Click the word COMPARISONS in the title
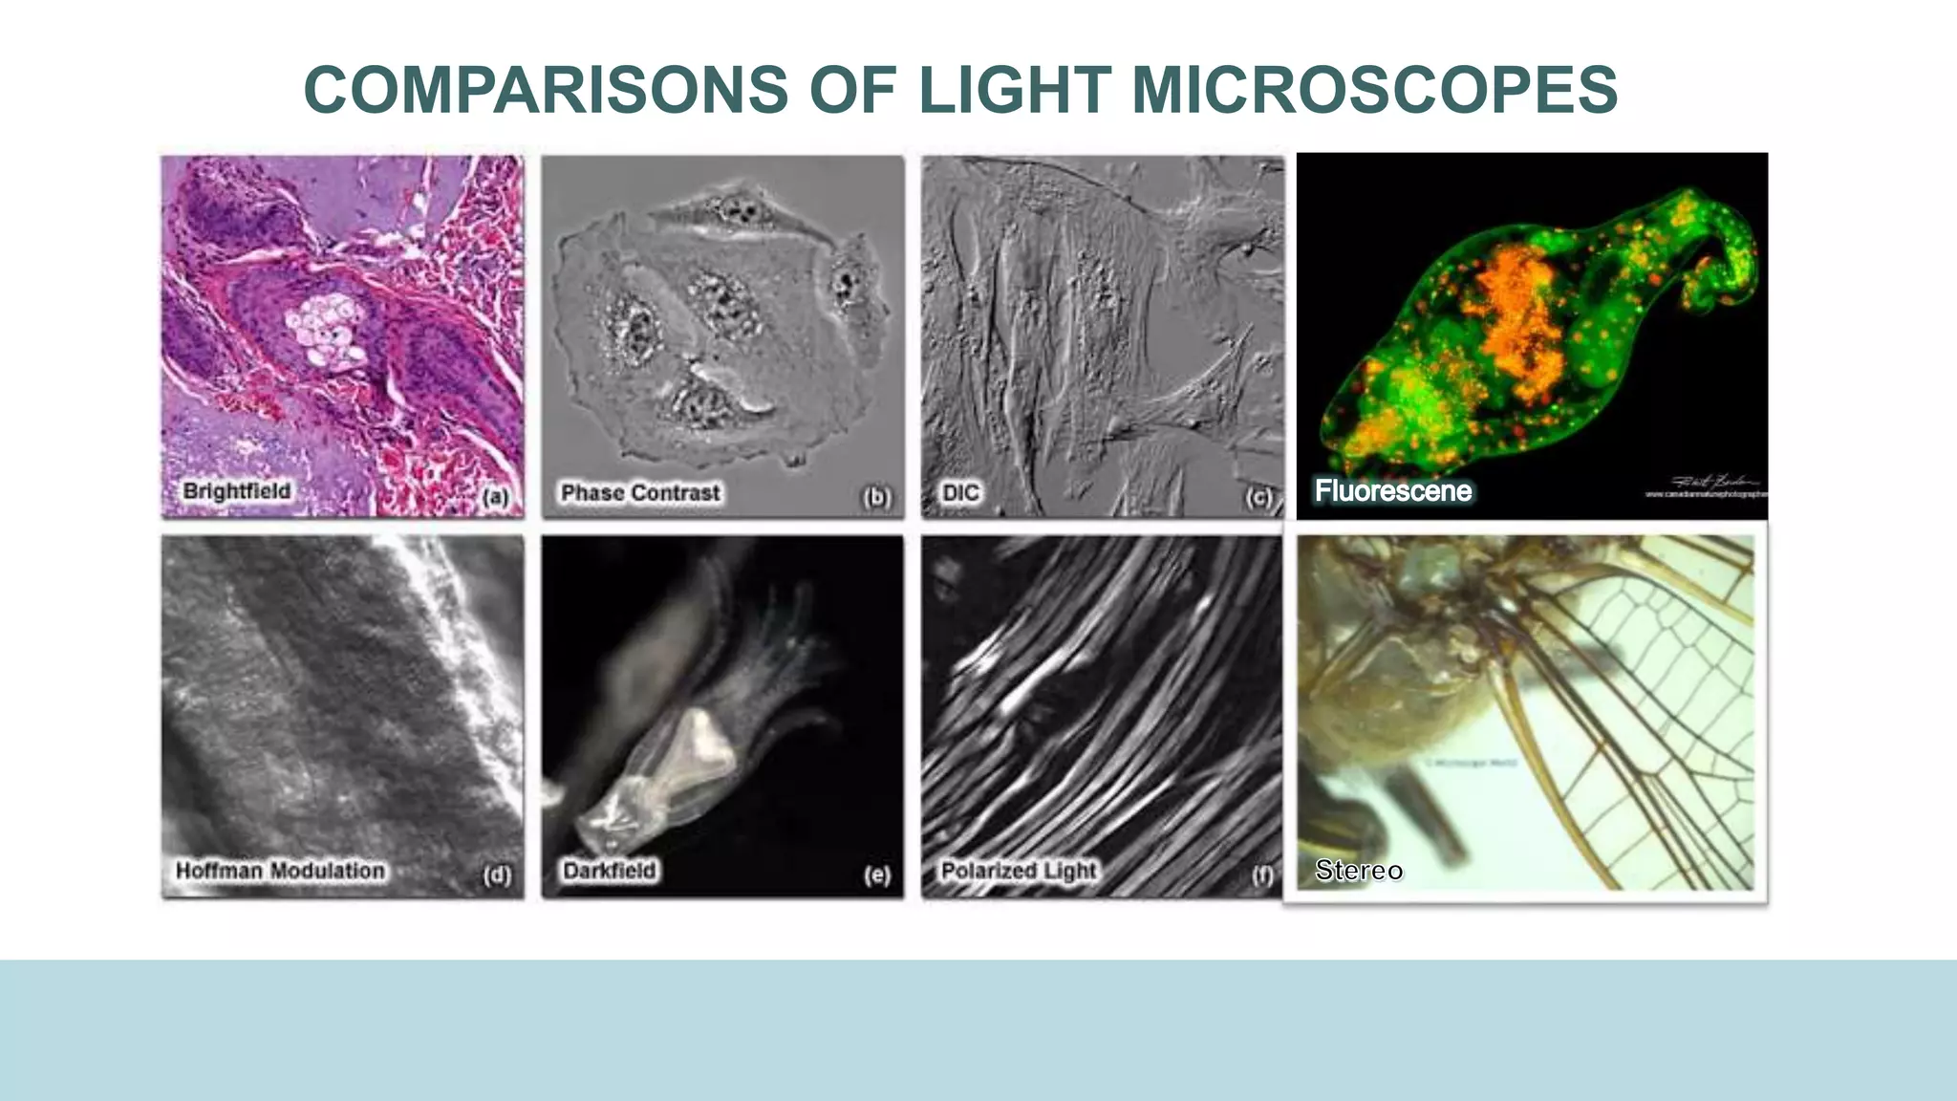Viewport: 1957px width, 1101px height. tap(546, 90)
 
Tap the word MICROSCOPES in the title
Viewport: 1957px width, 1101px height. tap(1374, 90)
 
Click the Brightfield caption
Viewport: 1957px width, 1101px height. tap(237, 491)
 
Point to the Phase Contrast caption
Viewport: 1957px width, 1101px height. tap(640, 493)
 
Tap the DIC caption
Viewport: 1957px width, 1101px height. tap(960, 493)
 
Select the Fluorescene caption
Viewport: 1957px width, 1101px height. tap(1393, 491)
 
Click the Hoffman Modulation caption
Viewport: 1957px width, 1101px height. tap(280, 871)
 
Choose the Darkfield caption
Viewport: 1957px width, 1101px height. tap(610, 871)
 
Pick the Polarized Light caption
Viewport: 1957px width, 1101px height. tap(1019, 871)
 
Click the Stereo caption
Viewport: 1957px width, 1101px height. tap(1359, 870)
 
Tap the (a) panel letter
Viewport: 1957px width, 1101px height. tap(495, 497)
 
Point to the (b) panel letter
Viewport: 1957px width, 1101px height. tap(876, 497)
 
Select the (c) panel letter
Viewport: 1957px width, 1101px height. tap(1258, 497)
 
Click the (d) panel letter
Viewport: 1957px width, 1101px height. tap(496, 875)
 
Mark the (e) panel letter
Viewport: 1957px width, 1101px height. tap(876, 875)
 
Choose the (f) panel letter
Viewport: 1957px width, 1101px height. tap(1261, 875)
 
